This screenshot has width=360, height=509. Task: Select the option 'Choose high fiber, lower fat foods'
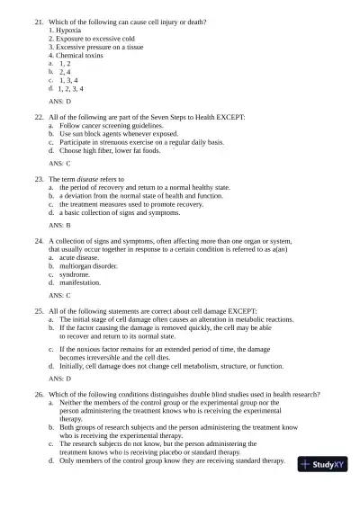pos(110,151)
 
